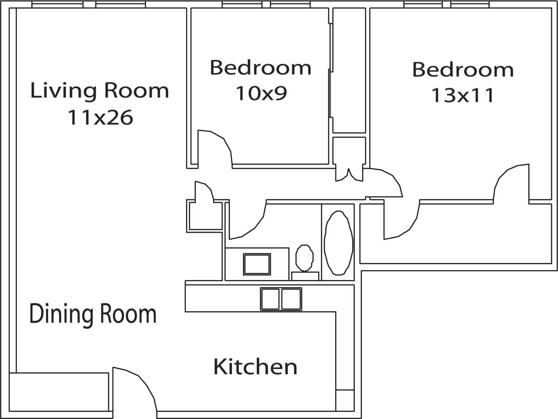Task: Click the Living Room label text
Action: click(100, 91)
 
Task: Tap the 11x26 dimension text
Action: click(100, 117)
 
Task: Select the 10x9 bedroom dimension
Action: click(261, 93)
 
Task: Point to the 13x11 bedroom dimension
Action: click(462, 95)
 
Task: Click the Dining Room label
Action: click(93, 314)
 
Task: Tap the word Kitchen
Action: click(255, 367)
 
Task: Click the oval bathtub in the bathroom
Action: click(338, 243)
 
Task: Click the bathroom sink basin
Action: click(257, 264)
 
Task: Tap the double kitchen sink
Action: click(281, 299)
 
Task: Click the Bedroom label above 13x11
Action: click(462, 70)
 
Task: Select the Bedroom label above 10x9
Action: click(260, 68)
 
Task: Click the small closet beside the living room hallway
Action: click(205, 216)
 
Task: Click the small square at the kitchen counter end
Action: click(344, 400)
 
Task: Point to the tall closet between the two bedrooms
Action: click(349, 70)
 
